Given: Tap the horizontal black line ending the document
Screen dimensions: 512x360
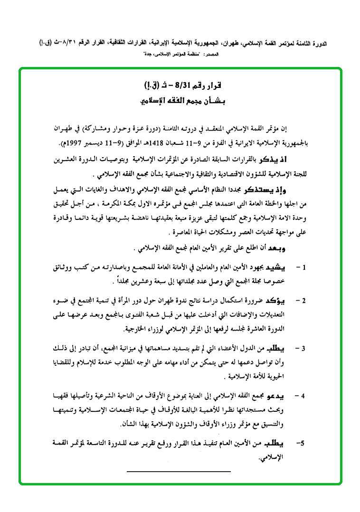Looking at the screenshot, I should [179, 471].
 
